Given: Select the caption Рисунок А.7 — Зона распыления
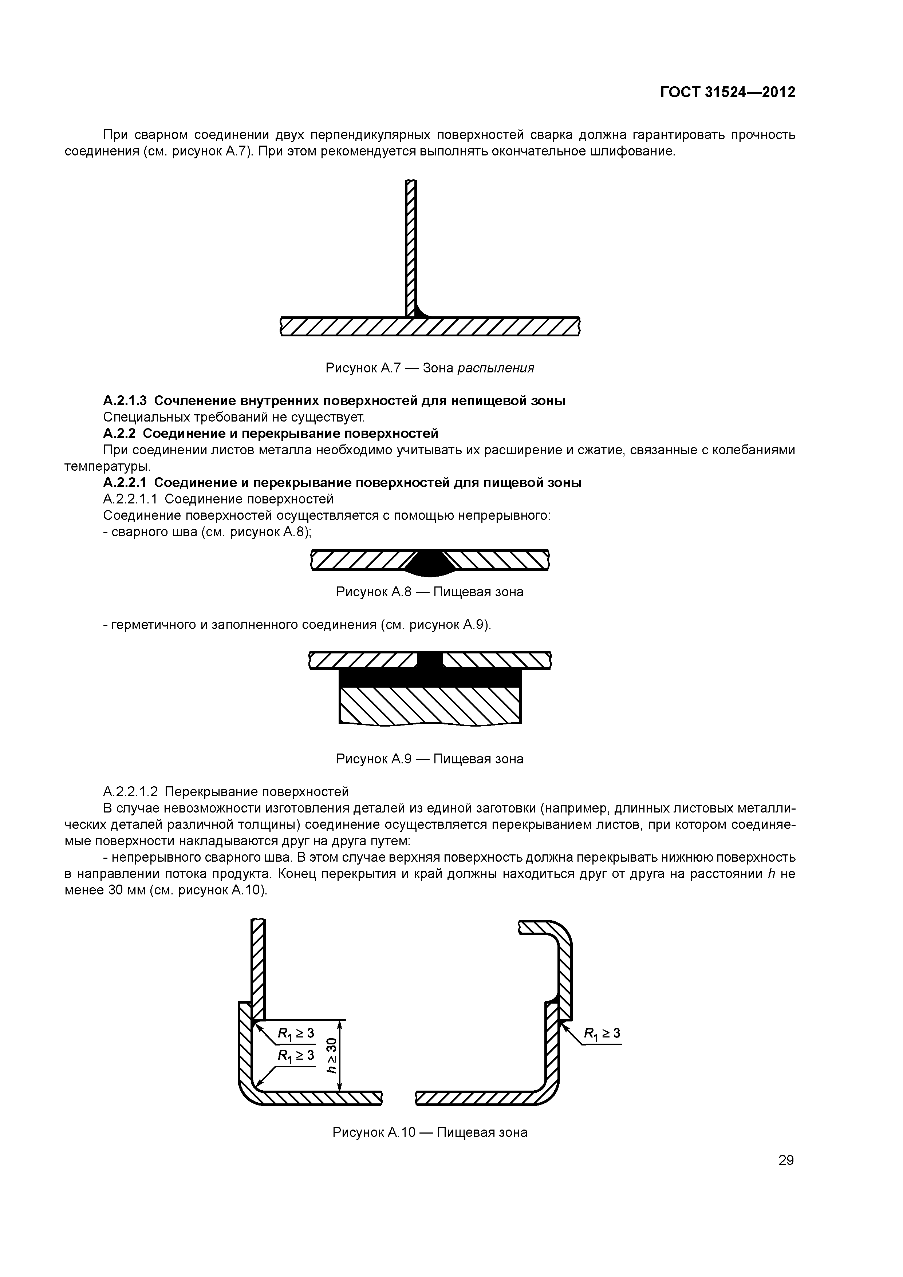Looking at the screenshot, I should coord(430,368).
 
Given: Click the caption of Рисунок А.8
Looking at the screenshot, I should coord(430,592).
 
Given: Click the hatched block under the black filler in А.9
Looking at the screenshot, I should coord(430,705).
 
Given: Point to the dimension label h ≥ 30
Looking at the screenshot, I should coord(332,1055).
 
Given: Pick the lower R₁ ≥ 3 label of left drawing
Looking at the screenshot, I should coord(296,1055).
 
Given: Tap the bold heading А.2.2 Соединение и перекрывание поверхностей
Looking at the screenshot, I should coord(271,433).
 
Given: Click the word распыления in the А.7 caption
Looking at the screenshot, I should coord(496,368).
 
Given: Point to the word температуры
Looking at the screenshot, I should coord(107,466).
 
